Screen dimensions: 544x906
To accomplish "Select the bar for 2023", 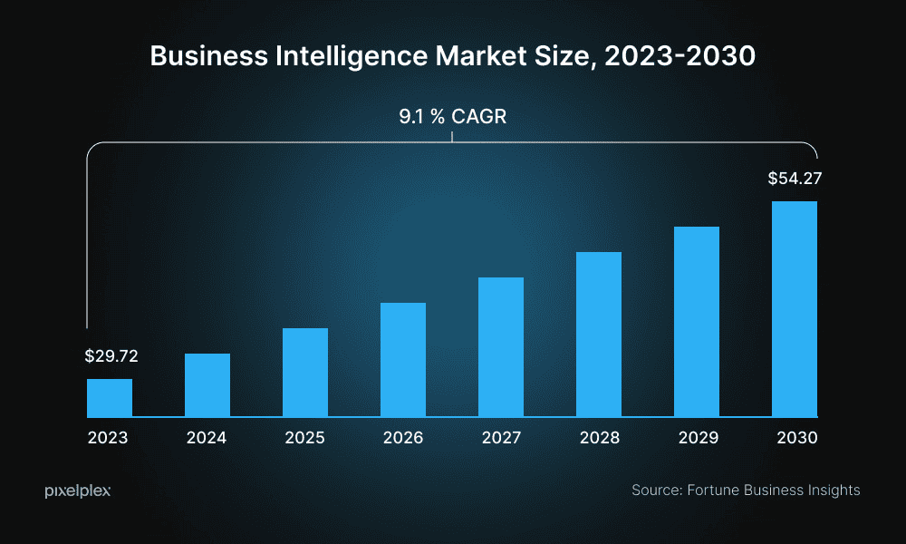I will click(x=110, y=398).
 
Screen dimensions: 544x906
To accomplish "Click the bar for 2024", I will click(x=207, y=385).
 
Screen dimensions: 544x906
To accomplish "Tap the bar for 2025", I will click(x=305, y=373).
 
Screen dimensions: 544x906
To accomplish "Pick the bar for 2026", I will click(x=403, y=360).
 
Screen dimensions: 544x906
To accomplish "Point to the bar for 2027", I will click(x=501, y=347).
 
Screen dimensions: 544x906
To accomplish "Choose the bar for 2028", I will click(x=599, y=335).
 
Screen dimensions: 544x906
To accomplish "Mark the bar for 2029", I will click(x=697, y=322).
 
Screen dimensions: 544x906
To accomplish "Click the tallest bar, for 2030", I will click(x=795, y=309).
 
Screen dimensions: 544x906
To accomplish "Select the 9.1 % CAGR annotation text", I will click(x=452, y=118).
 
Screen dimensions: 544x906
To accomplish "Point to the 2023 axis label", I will click(x=108, y=438).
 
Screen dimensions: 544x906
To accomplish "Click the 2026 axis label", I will click(x=403, y=438).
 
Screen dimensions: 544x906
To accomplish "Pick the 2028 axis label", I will click(x=600, y=438).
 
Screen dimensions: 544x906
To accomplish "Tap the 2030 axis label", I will click(x=797, y=438).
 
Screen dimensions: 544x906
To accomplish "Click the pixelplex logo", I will click(x=78, y=491).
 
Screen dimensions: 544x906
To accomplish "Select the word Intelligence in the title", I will click(x=338, y=56).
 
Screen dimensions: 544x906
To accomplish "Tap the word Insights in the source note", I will click(x=831, y=491).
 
